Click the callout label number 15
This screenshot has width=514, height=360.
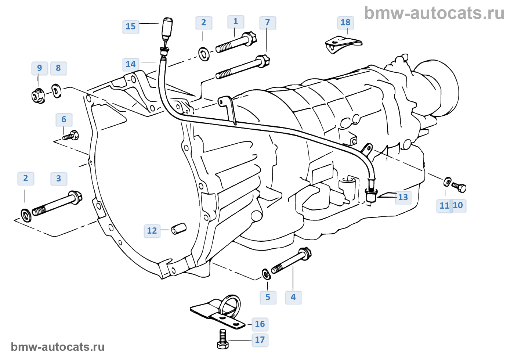click(x=131, y=26)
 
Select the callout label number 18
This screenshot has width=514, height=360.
click(x=345, y=22)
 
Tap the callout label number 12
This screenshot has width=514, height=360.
click(x=152, y=231)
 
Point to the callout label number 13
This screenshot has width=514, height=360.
click(x=403, y=197)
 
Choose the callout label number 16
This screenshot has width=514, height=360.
click(x=260, y=324)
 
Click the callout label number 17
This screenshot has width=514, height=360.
click(x=260, y=340)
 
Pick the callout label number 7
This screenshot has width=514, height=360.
click(x=268, y=23)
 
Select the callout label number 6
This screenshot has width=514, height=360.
click(x=64, y=119)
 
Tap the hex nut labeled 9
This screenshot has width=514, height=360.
click(x=38, y=96)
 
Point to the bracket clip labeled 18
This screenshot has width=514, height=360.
click(x=343, y=43)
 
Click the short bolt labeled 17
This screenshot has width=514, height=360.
click(x=222, y=340)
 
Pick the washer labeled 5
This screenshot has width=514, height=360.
click(x=266, y=274)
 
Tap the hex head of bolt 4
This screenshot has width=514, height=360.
click(x=305, y=253)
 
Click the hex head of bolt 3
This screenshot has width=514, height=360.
click(x=76, y=197)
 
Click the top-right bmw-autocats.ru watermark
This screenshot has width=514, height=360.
click(x=434, y=13)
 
